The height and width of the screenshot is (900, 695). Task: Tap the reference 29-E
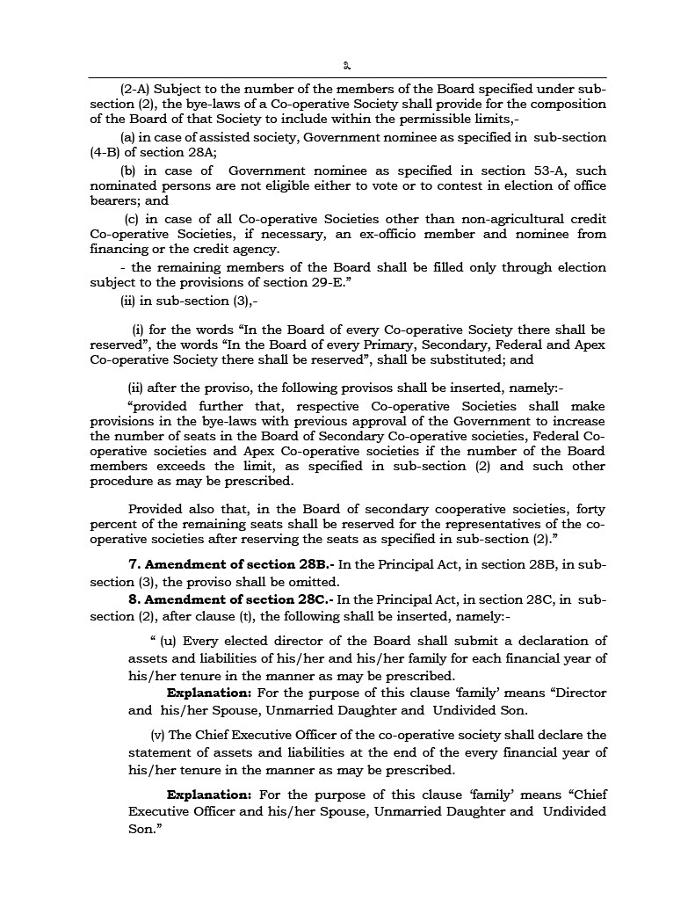click(343, 283)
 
